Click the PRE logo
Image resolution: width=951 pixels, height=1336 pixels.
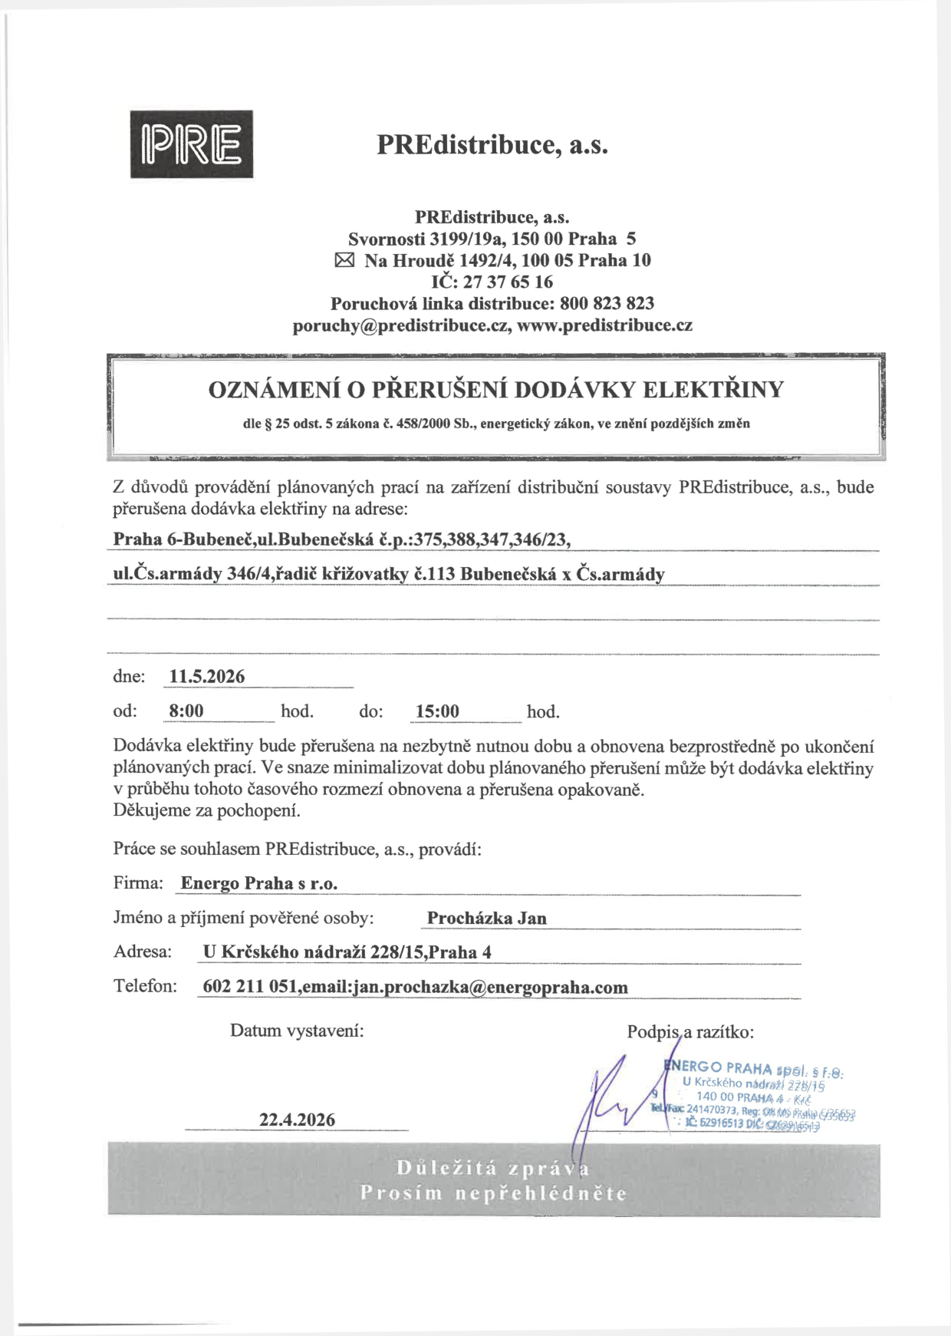point(191,144)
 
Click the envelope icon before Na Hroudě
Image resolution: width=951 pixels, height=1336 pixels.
point(345,260)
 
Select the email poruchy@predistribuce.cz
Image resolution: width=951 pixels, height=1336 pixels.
point(401,325)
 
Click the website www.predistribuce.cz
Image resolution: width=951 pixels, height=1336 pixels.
point(604,325)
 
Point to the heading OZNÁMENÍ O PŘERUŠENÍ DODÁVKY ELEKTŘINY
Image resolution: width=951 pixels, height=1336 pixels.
point(495,390)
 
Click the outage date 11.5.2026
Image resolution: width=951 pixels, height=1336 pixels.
point(207,676)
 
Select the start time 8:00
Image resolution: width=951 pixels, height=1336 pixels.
point(186,711)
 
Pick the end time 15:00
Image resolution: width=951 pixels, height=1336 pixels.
point(437,711)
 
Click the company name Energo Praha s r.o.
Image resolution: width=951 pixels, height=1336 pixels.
point(258,883)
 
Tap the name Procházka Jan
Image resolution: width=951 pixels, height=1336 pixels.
point(486,918)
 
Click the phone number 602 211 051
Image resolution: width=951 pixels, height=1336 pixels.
point(249,987)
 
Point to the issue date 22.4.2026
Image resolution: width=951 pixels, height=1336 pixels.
point(297,1120)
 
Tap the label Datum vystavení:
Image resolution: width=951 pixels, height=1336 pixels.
point(297,1031)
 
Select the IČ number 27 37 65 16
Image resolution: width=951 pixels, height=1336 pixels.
point(508,282)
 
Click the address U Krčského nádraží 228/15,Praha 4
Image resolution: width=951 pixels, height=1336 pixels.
point(347,952)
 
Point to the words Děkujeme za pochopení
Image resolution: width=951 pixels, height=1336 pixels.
point(206,810)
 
